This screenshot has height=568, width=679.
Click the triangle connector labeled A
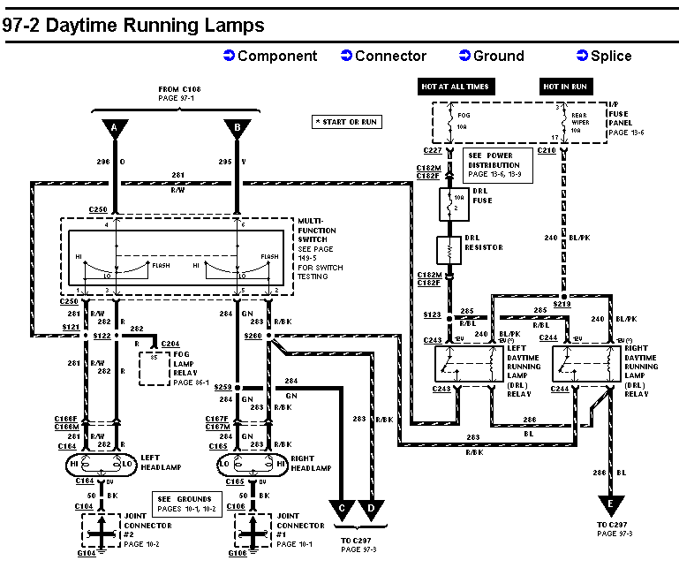(114, 128)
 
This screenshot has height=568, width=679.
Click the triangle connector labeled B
(237, 128)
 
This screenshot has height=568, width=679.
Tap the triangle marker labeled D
(371, 509)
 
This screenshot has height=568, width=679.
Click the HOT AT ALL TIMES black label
(454, 87)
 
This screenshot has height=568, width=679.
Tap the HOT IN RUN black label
(565, 87)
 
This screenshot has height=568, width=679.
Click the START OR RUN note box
(347, 121)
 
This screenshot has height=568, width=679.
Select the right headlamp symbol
(250, 463)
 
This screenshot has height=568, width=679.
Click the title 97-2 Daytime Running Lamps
(132, 26)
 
